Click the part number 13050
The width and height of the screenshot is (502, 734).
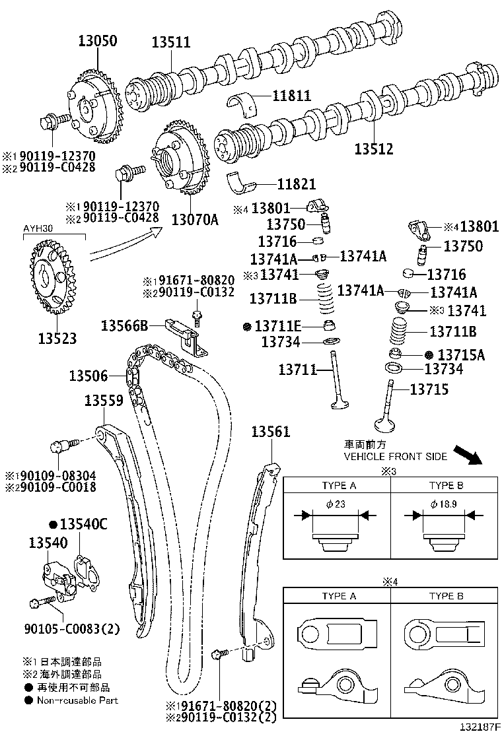pos(94,41)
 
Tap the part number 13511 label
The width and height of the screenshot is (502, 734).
pos(170,43)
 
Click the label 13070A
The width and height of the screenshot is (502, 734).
pos(195,218)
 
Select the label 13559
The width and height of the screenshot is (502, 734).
pos(104,401)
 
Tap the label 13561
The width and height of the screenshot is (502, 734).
pos(270,432)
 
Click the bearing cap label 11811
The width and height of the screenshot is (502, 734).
pos(293,96)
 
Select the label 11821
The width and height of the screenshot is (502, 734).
pos(296,185)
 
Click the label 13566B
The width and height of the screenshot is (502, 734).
pos(124,325)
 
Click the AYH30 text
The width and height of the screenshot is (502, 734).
pos(39,229)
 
